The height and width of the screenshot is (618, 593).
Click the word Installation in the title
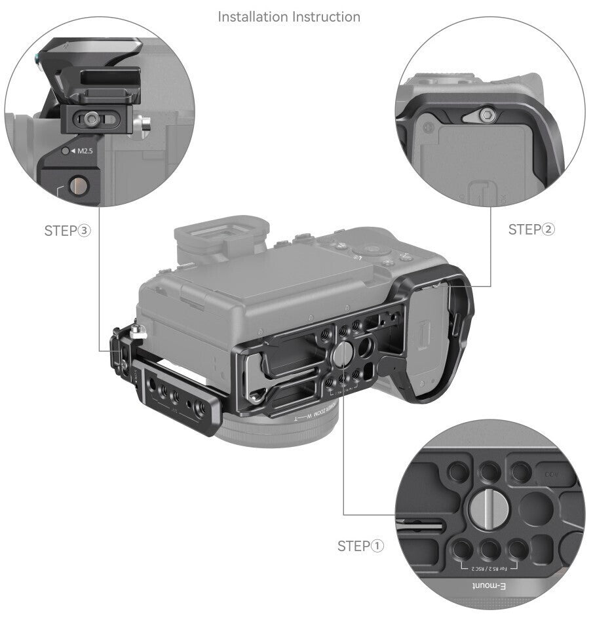(252, 16)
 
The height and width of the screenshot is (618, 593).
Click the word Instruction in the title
(325, 16)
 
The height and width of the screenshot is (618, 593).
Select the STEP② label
(531, 229)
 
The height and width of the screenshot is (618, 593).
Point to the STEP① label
(360, 546)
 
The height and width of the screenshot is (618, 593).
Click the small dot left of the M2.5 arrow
(64, 151)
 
